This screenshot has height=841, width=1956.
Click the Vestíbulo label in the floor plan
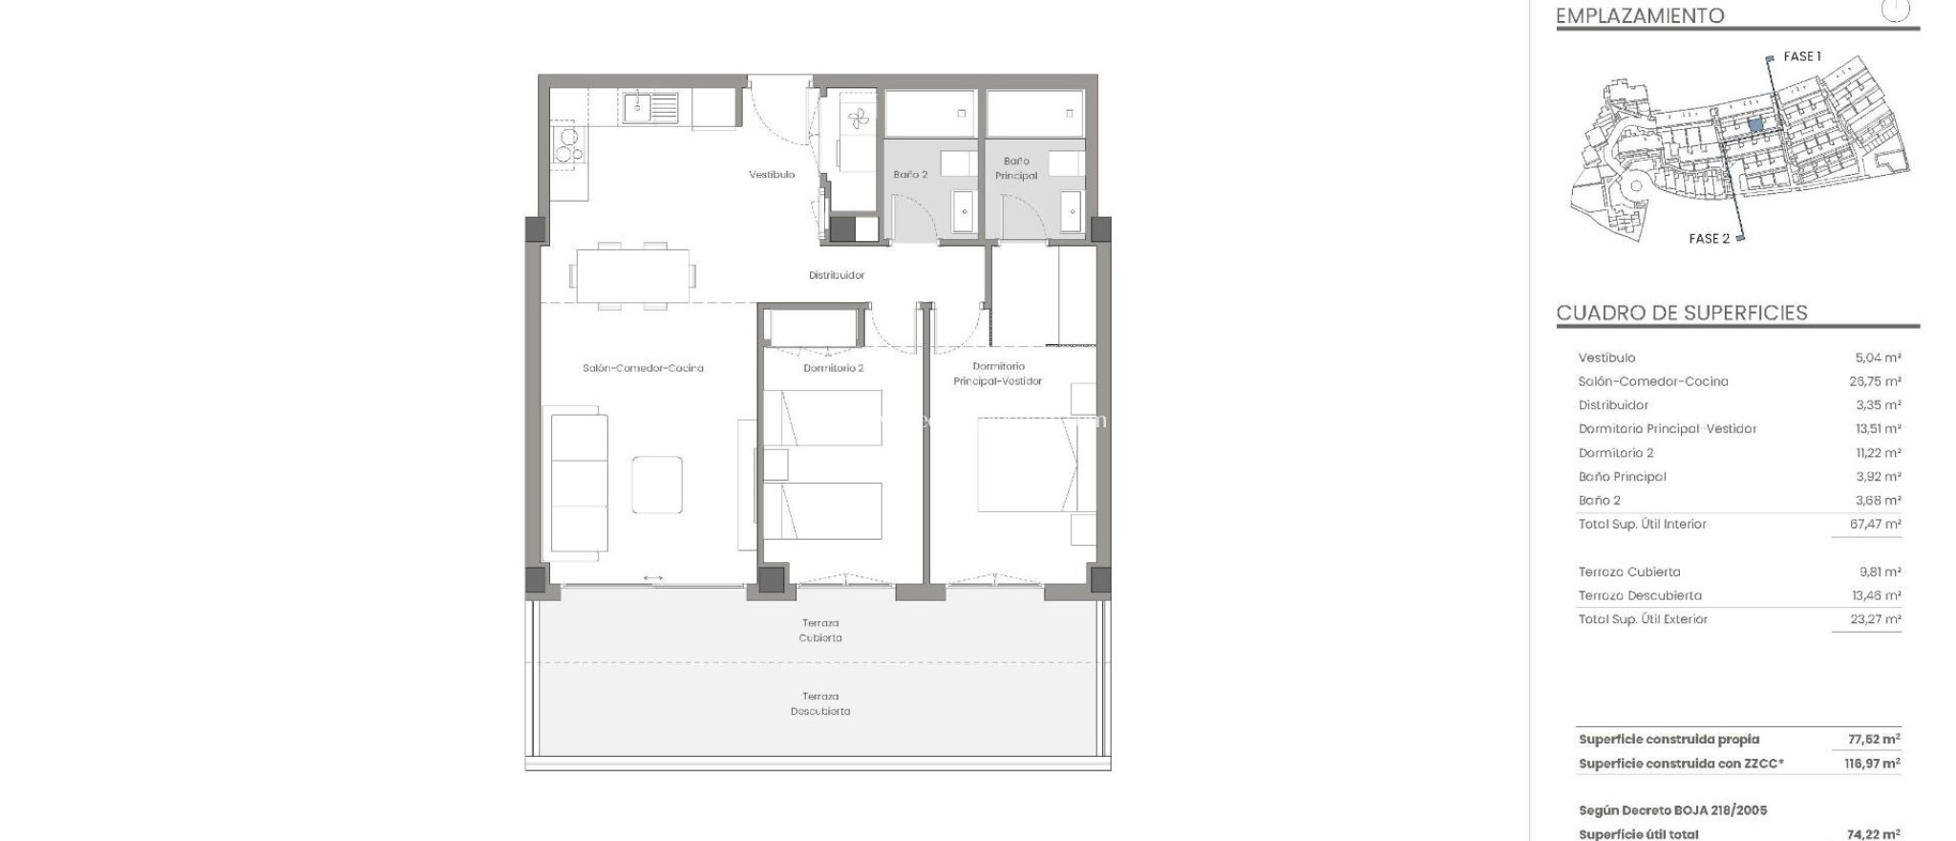771,175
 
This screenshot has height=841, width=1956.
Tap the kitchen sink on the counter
650,107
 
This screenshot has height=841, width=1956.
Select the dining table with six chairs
632,275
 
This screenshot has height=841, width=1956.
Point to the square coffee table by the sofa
656,485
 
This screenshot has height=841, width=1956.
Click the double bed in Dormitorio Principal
1027,464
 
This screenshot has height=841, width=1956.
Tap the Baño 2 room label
910,175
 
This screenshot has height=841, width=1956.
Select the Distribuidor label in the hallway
836,275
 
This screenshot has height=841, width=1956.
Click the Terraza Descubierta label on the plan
819,703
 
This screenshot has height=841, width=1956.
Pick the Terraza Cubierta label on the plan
819,630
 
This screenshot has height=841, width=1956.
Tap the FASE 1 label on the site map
1801,57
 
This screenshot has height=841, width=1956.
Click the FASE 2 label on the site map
1709,239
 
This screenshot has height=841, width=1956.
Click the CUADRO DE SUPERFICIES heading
1681,313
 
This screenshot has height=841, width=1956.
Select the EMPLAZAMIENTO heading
1639,16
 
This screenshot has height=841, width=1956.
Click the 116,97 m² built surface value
1872,764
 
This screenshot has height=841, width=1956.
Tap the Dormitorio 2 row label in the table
1615,453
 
